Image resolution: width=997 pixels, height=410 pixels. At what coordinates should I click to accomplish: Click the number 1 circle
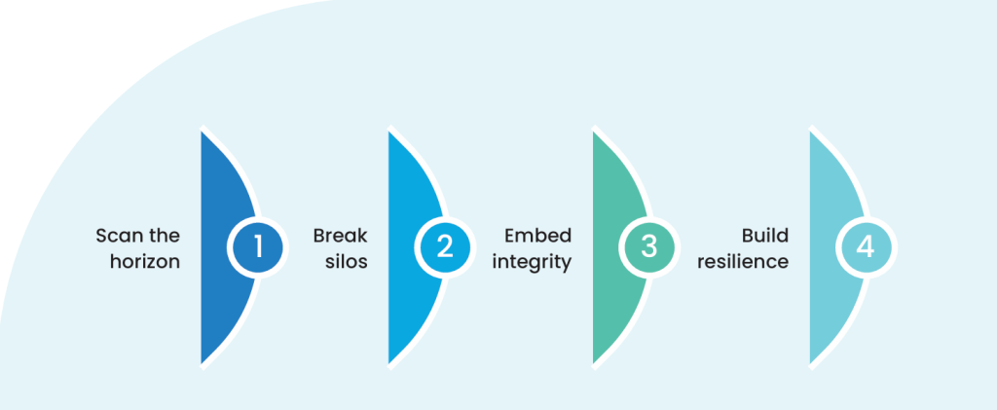tap(258, 247)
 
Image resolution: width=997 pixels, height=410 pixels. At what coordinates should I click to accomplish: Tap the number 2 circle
tap(445, 247)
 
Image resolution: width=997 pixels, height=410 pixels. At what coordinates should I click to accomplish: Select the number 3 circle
tap(649, 247)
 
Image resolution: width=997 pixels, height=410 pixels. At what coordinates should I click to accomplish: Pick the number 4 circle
tap(866, 247)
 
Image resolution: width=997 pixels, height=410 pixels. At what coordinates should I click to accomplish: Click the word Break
tap(340, 236)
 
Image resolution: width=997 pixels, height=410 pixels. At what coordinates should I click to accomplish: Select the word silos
tap(348, 262)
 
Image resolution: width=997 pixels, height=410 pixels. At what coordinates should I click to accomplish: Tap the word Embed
tap(537, 236)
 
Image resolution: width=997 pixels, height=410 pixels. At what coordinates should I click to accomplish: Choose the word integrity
tap(532, 262)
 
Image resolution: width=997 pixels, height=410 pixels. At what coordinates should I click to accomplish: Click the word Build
tap(764, 236)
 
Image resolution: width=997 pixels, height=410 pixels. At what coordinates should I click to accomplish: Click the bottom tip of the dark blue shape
tap(203, 361)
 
